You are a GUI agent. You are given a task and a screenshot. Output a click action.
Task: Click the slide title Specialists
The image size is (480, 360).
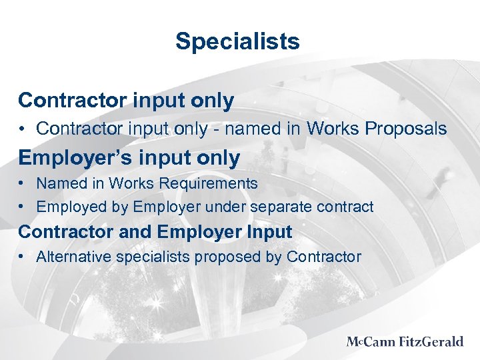pyautogui.click(x=237, y=41)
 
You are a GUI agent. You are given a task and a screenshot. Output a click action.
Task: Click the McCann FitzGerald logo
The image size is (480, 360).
pyautogui.click(x=405, y=342)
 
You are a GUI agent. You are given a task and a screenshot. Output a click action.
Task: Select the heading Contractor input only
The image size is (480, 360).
pyautogui.click(x=126, y=101)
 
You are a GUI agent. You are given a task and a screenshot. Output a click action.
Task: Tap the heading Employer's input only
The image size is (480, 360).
pyautogui.click(x=129, y=158)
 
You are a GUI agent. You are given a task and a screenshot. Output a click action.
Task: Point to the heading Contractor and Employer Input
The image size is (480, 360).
pyautogui.click(x=155, y=232)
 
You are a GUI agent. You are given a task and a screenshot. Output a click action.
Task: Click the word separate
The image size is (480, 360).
pyautogui.click(x=281, y=207)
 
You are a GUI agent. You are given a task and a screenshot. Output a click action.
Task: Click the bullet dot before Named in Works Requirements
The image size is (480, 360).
pyautogui.click(x=23, y=183)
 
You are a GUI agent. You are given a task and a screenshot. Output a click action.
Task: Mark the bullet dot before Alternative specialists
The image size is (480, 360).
pyautogui.click(x=23, y=257)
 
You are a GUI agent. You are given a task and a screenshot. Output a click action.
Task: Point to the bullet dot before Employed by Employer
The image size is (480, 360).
pyautogui.click(x=23, y=207)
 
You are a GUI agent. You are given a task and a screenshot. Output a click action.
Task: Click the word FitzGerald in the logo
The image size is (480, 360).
pyautogui.click(x=431, y=342)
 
